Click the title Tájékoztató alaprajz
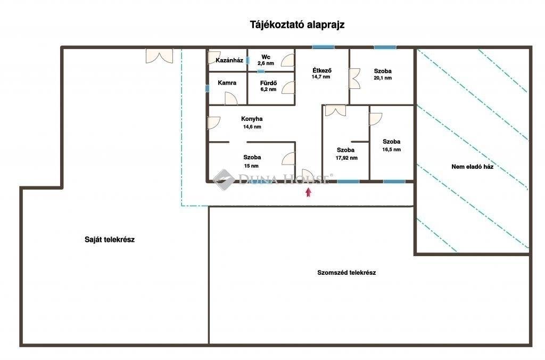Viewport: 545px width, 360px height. coord(297,25)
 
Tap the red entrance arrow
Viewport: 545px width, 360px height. coord(308,192)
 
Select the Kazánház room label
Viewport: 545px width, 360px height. coord(229,60)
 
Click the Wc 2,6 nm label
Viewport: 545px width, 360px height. coord(266,60)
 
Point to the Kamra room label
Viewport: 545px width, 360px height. coord(227,83)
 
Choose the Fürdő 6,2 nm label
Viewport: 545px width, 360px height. coord(268,86)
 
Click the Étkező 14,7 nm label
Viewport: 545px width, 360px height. coord(321,73)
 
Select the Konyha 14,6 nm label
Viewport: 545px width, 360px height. coord(252,122)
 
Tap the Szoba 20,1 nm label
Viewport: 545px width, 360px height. coord(383,74)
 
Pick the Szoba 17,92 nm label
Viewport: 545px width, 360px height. coord(346,154)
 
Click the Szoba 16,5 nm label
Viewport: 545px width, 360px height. coord(391,145)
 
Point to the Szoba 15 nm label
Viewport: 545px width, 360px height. coord(252,161)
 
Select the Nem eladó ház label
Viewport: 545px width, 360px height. coord(473,167)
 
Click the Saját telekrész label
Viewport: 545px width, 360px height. coord(110,240)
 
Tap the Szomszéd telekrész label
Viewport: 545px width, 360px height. coord(346,273)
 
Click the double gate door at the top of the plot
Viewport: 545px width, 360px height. coord(159,56)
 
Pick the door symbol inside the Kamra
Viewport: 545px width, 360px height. coord(231,99)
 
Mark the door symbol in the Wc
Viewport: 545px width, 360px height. coord(288,60)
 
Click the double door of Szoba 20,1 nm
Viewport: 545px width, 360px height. coord(354,79)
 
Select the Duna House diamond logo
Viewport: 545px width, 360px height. coord(224,180)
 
